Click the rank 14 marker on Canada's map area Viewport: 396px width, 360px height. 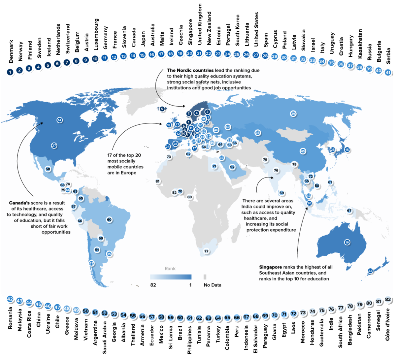coord(59,120)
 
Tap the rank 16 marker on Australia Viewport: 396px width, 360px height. coord(347,242)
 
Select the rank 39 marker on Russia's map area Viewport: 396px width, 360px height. coord(293,114)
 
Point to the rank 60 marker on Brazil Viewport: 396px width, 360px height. coord(109,220)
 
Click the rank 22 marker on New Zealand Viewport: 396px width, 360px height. coord(370,271)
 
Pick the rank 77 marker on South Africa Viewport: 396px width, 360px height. coord(207,251)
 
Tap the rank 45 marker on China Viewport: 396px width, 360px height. coord(303,151)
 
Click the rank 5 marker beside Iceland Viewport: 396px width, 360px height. coord(162,109)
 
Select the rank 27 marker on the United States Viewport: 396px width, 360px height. coord(54,146)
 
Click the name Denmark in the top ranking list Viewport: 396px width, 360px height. coord(11,51)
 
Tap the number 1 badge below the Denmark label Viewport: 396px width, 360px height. coord(10,72)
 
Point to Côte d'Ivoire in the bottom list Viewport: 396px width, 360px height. coord(388,324)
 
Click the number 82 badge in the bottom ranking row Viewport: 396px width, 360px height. coord(388,300)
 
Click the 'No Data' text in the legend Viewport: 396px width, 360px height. coord(213,285)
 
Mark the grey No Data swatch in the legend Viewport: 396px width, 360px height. coord(205,277)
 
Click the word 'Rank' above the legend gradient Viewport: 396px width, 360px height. coord(170,269)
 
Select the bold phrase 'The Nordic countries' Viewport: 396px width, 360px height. coord(190,70)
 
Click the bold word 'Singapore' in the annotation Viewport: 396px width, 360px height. coord(270,267)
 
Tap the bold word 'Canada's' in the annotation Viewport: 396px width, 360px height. coord(19,203)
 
